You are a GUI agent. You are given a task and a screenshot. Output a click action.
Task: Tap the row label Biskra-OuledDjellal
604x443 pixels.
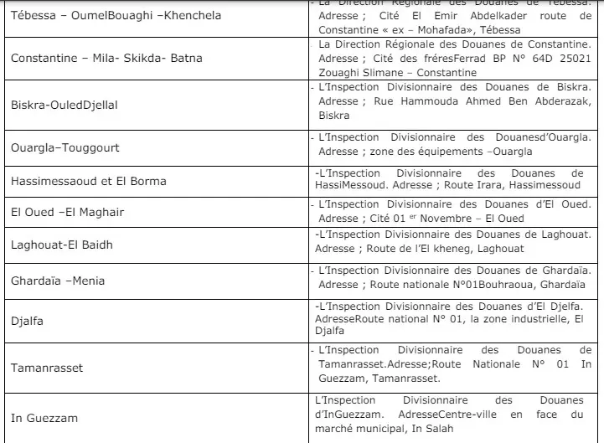65,105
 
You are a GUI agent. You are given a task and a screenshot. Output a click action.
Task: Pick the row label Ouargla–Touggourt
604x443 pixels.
65,147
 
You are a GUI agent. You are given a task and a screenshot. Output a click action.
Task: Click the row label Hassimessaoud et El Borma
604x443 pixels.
89,181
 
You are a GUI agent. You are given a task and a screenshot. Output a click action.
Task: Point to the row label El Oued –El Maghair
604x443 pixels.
67,212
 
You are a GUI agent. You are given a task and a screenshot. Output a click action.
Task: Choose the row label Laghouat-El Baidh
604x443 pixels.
62,245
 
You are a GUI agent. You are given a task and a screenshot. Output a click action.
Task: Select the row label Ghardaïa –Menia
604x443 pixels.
58,281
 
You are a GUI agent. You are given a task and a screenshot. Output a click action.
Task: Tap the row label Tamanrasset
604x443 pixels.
47,368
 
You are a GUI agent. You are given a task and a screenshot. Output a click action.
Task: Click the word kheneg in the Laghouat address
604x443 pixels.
439,249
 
